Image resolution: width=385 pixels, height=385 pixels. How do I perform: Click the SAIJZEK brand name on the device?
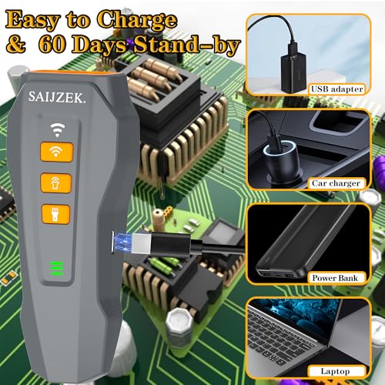pyautogui.click(x=56, y=97)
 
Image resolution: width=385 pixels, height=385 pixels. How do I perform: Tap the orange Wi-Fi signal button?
pyautogui.click(x=57, y=152)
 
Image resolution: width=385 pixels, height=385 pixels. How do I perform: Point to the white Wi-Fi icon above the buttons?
pyautogui.click(x=57, y=129)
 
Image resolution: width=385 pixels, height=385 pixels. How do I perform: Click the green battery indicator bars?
pyautogui.click(x=56, y=268)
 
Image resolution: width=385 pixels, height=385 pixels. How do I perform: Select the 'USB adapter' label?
pyautogui.click(x=336, y=89)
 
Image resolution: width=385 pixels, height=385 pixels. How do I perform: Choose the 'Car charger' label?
pyautogui.click(x=336, y=183)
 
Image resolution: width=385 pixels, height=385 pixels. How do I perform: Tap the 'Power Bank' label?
pyautogui.click(x=336, y=278)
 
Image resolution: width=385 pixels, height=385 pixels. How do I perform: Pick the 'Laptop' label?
pyautogui.click(x=336, y=371)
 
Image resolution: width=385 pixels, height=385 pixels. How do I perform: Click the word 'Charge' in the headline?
pyautogui.click(x=137, y=20)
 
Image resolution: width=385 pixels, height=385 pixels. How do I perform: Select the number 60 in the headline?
pyautogui.click(x=52, y=44)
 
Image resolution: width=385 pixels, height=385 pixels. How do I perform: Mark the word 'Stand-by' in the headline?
pyautogui.click(x=186, y=45)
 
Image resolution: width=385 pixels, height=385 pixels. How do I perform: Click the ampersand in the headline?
pyautogui.click(x=16, y=45)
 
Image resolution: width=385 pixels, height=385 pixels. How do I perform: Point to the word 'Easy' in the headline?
pyautogui.click(x=33, y=21)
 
